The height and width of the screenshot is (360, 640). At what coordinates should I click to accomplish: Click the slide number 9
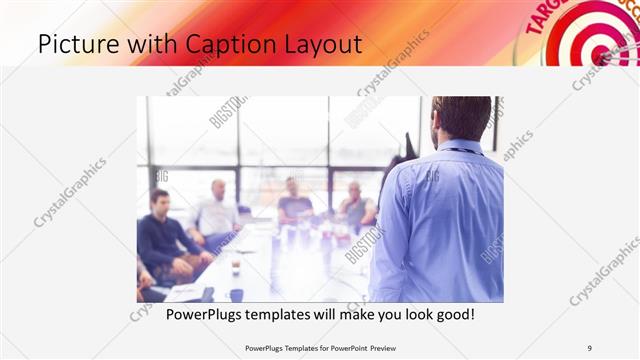coord(589,347)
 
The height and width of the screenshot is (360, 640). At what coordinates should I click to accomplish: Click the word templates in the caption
coord(290,314)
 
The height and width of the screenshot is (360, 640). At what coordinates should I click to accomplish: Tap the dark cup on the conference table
coord(236,294)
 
